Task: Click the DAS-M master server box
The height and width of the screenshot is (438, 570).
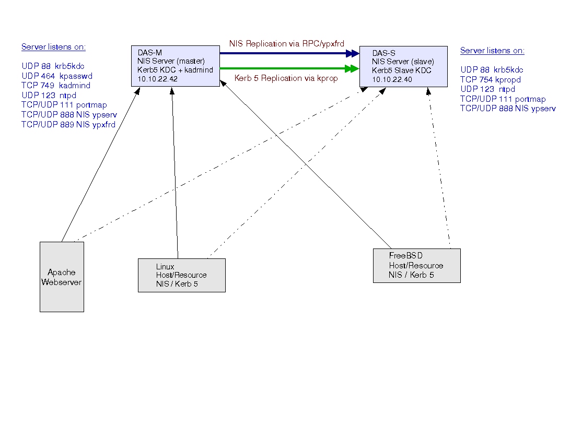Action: coord(175,66)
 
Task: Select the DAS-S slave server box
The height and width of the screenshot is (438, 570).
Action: coord(403,67)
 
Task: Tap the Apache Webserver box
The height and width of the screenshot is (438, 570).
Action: coord(62,277)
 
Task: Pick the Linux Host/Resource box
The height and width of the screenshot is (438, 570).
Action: coord(181,275)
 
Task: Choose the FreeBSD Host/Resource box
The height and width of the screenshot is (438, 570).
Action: coord(416,266)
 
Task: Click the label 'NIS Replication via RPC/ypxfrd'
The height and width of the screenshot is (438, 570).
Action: coord(287,44)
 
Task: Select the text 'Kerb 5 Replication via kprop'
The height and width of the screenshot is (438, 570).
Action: coord(286,78)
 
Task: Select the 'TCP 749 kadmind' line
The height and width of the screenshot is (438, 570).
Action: coord(56,86)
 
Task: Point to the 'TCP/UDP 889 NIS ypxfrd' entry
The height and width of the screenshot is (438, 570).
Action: coord(68,125)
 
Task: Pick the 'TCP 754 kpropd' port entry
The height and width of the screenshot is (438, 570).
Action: coord(490,80)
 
